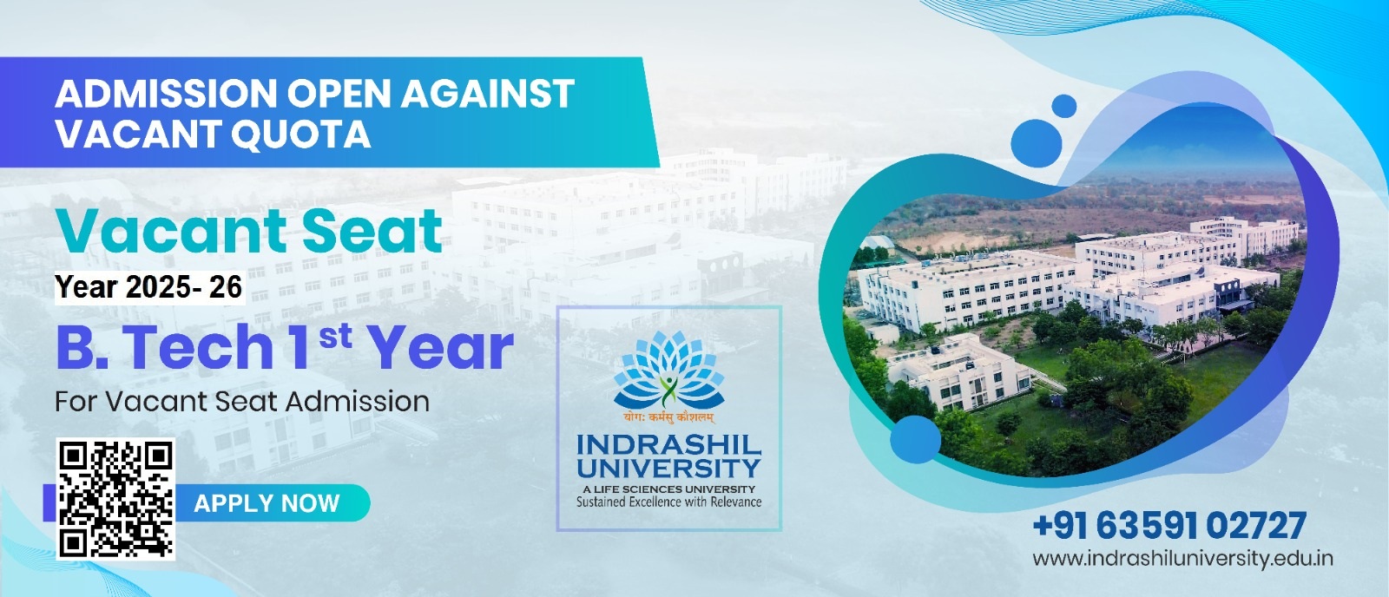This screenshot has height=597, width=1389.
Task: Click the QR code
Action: (115, 499)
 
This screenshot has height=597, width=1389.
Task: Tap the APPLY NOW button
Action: (267, 502)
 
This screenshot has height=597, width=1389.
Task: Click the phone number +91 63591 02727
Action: (1169, 526)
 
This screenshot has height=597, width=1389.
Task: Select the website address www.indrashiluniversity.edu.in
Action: (1182, 558)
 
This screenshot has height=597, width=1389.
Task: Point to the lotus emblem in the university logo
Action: (669, 371)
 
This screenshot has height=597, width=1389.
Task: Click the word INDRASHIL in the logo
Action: (669, 445)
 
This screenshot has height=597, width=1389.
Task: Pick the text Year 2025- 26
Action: (148, 287)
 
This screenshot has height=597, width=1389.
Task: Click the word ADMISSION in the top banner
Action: (166, 94)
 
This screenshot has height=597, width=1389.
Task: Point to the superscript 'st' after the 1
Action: (335, 337)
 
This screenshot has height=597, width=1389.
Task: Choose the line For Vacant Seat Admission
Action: (242, 401)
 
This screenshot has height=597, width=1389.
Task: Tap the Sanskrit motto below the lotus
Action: (669, 418)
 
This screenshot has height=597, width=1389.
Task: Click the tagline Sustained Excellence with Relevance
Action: (669, 502)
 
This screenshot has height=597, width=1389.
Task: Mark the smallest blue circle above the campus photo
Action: (1064, 106)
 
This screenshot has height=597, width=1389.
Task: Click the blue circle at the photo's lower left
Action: (915, 439)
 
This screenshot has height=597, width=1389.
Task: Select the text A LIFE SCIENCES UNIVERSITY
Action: (669, 489)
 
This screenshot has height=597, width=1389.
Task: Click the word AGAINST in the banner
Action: (487, 94)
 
